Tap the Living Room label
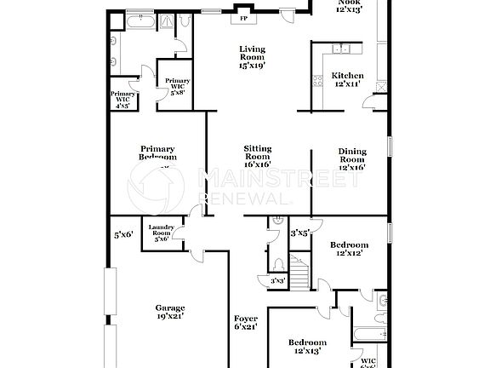pyautogui.click(x=252, y=57)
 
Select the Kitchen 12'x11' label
pyautogui.click(x=348, y=79)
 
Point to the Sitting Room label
pyautogui.click(x=252, y=156)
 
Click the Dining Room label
pyautogui.click(x=352, y=159)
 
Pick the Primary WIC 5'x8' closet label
pyautogui.click(x=179, y=86)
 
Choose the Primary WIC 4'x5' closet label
pyautogui.click(x=123, y=99)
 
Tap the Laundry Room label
pyautogui.click(x=162, y=232)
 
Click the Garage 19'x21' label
pyautogui.click(x=169, y=312)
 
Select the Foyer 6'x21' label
pyautogui.click(x=246, y=323)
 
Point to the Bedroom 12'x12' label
pyautogui.click(x=349, y=250)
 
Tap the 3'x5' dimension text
pyautogui.click(x=299, y=232)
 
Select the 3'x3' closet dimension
pyautogui.click(x=276, y=280)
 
